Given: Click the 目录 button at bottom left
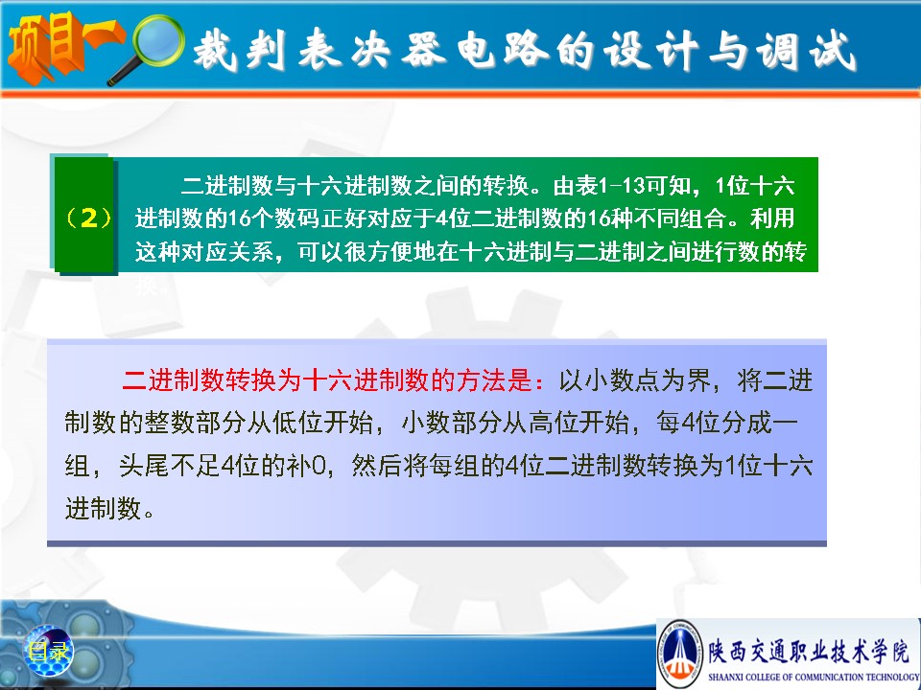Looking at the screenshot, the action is [48, 651].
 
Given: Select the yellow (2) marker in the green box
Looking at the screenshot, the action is [88, 218].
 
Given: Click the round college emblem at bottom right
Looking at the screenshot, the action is [680, 654].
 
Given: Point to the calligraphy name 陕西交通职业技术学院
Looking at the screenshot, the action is [809, 652].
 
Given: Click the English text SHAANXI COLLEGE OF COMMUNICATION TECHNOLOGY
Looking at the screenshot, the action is [813, 678].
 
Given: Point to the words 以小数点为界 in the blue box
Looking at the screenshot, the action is [636, 380].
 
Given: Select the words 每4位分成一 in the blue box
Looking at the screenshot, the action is [727, 423].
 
